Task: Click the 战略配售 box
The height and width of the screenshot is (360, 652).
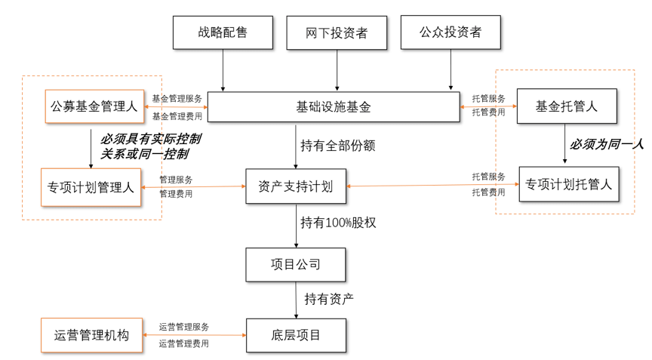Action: (x=223, y=32)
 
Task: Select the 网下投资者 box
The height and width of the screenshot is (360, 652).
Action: (x=337, y=33)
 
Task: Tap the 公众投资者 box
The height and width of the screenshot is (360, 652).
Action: (x=451, y=32)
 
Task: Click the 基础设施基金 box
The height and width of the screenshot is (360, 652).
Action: (x=334, y=107)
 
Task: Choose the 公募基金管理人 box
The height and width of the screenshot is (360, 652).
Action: (x=94, y=106)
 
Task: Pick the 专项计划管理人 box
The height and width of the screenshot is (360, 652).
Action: (x=91, y=187)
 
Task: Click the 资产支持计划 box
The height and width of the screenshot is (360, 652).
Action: (x=296, y=186)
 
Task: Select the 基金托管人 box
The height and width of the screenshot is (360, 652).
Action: (x=567, y=106)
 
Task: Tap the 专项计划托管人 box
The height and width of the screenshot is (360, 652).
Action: (x=569, y=184)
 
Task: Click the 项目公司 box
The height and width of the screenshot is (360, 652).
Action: (x=296, y=264)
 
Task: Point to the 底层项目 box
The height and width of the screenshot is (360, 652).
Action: (x=296, y=335)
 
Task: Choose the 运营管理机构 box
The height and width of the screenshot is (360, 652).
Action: (x=91, y=336)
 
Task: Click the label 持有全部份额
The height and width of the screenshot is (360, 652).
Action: (x=337, y=146)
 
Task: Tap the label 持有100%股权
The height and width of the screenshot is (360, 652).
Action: (x=338, y=223)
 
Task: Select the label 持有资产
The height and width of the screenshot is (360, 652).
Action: (x=328, y=298)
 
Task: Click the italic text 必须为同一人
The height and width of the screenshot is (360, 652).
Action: (x=606, y=144)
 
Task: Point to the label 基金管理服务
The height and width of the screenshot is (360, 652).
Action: (x=177, y=99)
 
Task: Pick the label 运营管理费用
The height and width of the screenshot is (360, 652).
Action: (x=183, y=343)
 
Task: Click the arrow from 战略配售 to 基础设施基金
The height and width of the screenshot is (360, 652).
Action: (x=223, y=70)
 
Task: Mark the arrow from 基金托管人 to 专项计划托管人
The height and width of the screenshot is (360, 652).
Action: (x=564, y=143)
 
